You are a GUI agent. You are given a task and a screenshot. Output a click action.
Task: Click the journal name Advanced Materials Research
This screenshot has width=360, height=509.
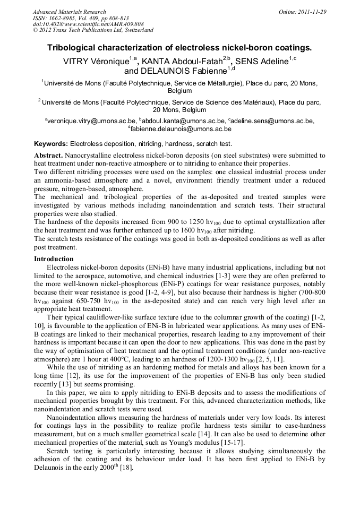tap(69, 12)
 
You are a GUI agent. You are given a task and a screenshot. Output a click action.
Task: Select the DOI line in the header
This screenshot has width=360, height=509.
tap(88, 24)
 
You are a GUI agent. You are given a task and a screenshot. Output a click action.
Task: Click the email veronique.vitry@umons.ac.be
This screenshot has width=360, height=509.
tap(91, 121)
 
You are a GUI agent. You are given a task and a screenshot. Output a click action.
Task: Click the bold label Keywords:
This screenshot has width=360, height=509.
tap(51, 144)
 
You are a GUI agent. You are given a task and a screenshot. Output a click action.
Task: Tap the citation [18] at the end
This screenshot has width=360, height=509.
tap(127, 468)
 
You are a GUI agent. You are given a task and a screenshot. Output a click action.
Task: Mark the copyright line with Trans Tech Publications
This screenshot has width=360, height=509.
tap(93, 30)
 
